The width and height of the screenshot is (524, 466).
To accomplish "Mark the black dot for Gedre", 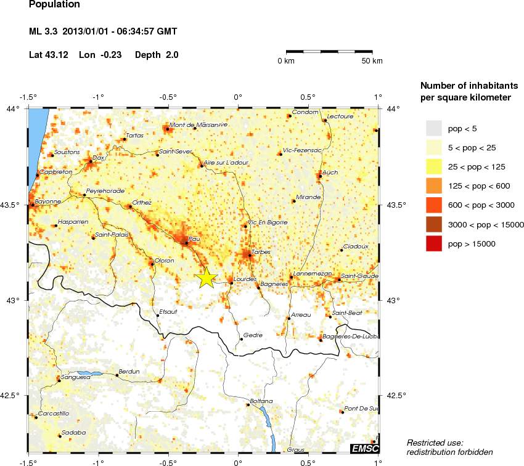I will (x=241, y=339).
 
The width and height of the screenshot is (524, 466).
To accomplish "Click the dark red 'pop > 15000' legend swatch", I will (x=434, y=245).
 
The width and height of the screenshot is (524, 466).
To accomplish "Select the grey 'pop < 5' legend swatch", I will (x=434, y=128).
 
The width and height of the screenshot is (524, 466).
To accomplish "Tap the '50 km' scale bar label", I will (x=372, y=60).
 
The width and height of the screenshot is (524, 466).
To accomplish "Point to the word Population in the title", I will (x=54, y=4).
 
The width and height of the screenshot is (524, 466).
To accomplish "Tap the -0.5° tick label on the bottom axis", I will (x=168, y=461).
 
